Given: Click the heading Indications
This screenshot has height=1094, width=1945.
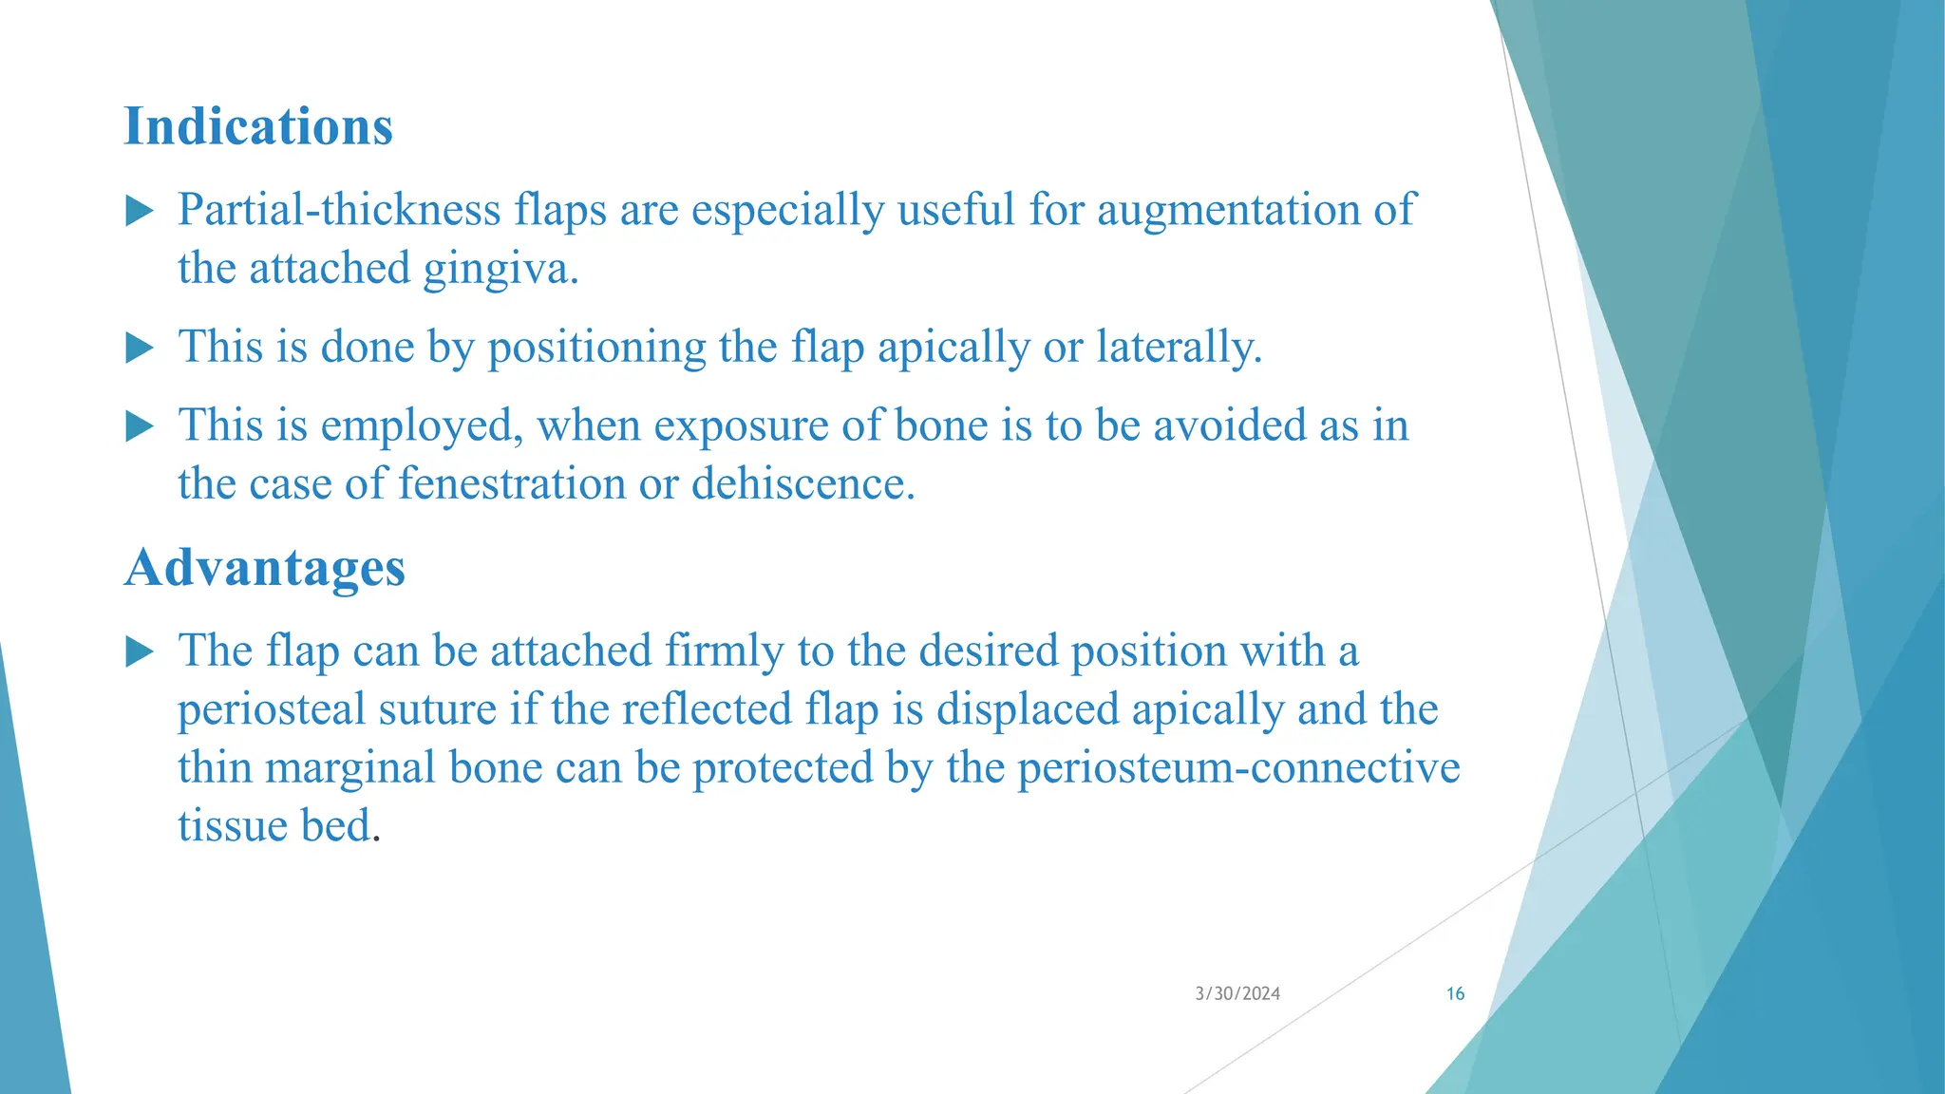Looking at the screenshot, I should coord(258,127).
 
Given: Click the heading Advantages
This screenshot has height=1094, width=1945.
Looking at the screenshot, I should coord(265,568).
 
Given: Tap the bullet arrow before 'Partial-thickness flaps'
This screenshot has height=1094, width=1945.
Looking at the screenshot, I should coord(140,211).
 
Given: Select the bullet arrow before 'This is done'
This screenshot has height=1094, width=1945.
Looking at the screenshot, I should coord(140,348).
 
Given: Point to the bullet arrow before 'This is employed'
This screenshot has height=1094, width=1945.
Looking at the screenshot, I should coord(140,426).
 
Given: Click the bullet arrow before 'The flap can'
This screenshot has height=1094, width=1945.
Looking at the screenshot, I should coord(140,651).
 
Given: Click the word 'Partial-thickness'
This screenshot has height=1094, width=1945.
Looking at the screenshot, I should coord(339,210).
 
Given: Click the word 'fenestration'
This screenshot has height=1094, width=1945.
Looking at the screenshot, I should coord(512,484).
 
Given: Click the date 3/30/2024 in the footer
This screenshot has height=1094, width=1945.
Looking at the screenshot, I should coord(1237,994).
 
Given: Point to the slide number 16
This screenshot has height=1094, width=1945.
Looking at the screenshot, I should coord(1455,994).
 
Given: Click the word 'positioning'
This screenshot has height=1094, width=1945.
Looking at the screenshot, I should coord(596,349).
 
